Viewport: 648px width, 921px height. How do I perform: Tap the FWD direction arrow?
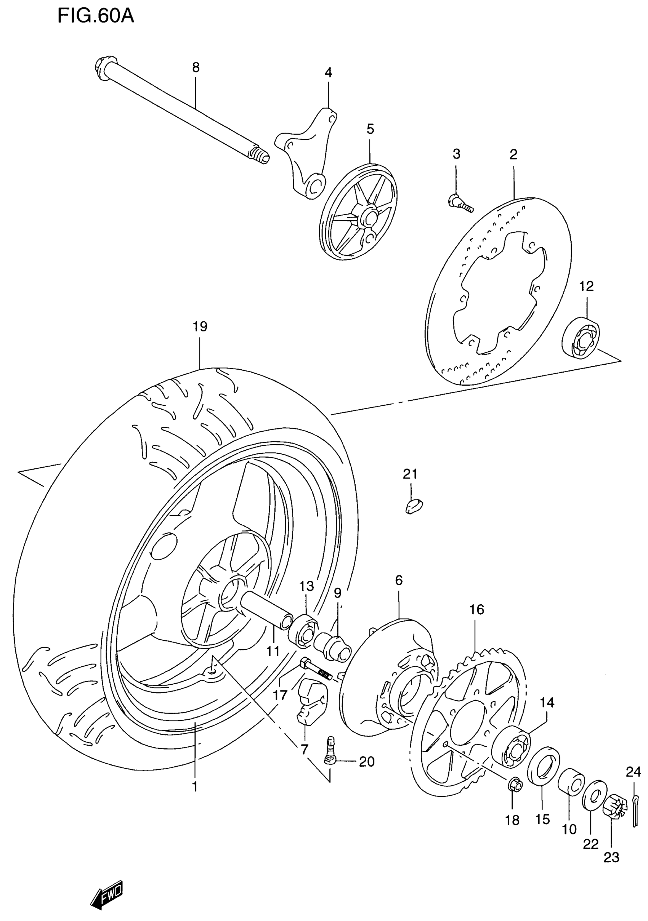pos(107,895)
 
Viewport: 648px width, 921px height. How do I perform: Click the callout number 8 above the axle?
pos(196,67)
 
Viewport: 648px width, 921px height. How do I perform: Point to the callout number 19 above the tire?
pos(200,327)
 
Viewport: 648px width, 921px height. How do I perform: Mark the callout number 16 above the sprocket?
pos(477,610)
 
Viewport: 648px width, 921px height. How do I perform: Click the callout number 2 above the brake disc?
pos(513,154)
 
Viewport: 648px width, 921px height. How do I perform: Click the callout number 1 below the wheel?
pos(195,786)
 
